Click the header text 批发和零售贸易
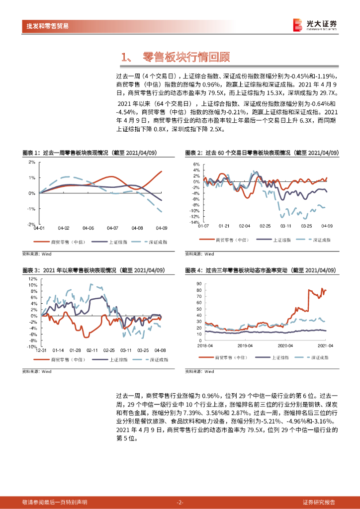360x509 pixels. tap(48, 26)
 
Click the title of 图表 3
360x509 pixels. tap(93, 270)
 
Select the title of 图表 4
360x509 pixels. tap(260, 270)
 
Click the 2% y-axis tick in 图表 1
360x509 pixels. tap(31, 162)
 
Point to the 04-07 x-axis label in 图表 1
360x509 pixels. tap(112, 228)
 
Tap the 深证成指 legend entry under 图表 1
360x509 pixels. tap(158, 242)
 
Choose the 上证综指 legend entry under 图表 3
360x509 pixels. tap(118, 359)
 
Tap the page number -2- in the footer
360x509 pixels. tap(180, 502)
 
